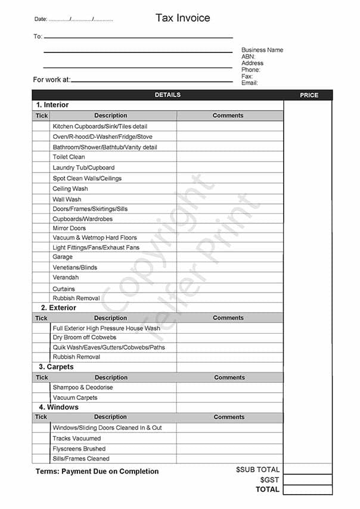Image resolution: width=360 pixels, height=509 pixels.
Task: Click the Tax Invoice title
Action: point(182,18)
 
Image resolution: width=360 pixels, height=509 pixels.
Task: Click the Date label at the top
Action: point(41,20)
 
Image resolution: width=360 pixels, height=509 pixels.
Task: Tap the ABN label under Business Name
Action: point(248,57)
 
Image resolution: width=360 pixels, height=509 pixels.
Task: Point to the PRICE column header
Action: point(309,95)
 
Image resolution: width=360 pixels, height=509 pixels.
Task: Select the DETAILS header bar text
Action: point(167,95)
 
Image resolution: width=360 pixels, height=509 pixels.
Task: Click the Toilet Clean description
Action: point(69,157)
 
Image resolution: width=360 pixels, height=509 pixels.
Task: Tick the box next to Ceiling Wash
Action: point(42,189)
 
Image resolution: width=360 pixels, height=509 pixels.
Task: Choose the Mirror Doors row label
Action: point(69,228)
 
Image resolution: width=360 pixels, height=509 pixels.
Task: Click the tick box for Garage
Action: point(42,257)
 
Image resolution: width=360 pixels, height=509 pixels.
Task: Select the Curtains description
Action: point(64,289)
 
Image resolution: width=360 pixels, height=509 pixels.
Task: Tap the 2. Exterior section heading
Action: point(58,308)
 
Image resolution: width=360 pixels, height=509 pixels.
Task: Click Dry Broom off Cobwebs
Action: point(85,338)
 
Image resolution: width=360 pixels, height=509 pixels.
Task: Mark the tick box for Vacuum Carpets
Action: point(42,398)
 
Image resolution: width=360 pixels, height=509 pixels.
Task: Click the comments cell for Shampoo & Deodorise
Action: point(229,387)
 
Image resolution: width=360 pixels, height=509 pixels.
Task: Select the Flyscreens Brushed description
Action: point(79,449)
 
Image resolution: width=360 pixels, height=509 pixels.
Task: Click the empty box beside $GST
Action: point(308,480)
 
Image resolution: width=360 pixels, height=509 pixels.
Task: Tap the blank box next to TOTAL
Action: point(308,490)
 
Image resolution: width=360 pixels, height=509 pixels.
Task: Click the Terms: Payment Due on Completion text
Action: point(97,471)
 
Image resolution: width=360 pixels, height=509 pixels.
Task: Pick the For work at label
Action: point(52,80)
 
